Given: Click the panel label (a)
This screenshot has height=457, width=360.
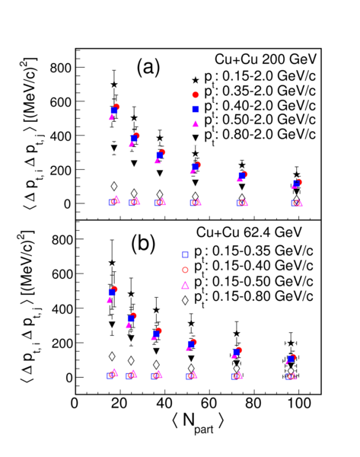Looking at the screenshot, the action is coord(148,69).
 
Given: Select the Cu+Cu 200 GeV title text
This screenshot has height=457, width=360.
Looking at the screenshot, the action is coord(266,59).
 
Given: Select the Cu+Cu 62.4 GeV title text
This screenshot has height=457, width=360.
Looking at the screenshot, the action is coord(249,232).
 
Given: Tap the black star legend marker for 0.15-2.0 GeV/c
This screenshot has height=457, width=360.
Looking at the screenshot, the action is coord(196,80).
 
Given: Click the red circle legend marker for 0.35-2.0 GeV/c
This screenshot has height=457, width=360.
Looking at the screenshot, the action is coord(196,94).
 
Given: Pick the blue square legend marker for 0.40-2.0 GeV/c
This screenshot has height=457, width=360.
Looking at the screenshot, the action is coord(196,109).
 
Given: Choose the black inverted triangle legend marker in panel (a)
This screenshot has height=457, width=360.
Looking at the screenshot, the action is coord(196,138).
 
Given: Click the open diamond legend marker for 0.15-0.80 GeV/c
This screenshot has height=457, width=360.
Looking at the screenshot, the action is coord(185,300).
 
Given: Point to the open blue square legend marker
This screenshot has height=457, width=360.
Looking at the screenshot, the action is coord(185,254).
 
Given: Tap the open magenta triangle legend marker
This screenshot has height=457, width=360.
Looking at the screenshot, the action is coord(185,285).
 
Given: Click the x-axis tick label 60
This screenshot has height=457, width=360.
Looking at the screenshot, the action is coord(209,404).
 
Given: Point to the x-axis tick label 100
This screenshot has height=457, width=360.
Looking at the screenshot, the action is coord(298,404).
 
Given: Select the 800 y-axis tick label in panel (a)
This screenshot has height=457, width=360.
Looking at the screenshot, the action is coord(61,68).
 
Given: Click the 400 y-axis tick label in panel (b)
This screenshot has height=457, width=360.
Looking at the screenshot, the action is coord(62,308).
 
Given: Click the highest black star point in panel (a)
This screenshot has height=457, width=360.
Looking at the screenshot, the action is coord(114,85).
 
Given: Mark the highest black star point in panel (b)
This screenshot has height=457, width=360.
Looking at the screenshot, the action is coord(112,263).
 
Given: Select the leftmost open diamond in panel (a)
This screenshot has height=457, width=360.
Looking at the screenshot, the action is coord(114,187).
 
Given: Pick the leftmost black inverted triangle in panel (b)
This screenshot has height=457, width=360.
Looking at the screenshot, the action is coord(112,324).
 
